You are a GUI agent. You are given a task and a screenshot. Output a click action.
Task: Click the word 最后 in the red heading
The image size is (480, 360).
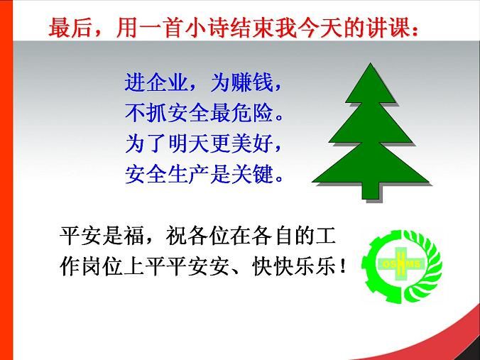pyautogui.click(x=70, y=28)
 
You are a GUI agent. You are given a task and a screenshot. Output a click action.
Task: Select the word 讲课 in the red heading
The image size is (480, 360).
pyautogui.click(x=388, y=28)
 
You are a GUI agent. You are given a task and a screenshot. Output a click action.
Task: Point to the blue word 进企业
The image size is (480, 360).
pyautogui.click(x=156, y=82)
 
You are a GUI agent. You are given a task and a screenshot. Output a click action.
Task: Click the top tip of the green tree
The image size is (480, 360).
pyautogui.click(x=371, y=63)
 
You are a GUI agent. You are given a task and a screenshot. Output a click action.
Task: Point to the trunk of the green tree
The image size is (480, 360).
pyautogui.click(x=371, y=191)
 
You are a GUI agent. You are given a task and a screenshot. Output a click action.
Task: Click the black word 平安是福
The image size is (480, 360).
pyautogui.click(x=102, y=236)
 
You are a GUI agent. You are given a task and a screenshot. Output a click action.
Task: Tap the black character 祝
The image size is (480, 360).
pyautogui.click(x=175, y=236)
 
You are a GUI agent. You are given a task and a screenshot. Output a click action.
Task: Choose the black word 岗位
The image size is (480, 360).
pyautogui.click(x=102, y=266)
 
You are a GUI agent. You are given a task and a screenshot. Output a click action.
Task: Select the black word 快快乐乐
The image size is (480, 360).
pyautogui.click(x=294, y=266)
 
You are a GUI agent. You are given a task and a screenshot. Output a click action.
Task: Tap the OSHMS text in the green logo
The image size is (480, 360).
pyautogui.click(x=401, y=264)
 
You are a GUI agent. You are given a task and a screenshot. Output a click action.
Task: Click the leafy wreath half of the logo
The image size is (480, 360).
pyautogui.click(x=424, y=266)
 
